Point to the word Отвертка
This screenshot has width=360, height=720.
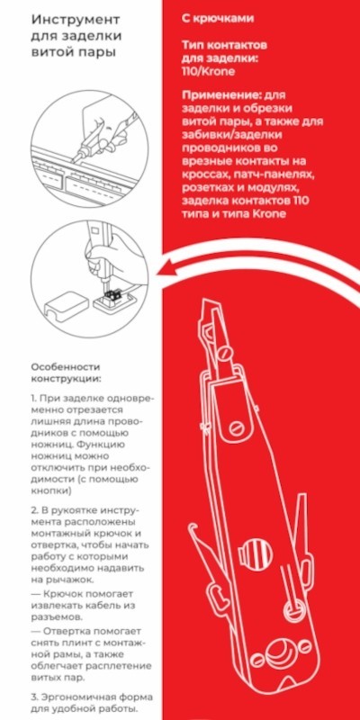pos(73,631)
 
